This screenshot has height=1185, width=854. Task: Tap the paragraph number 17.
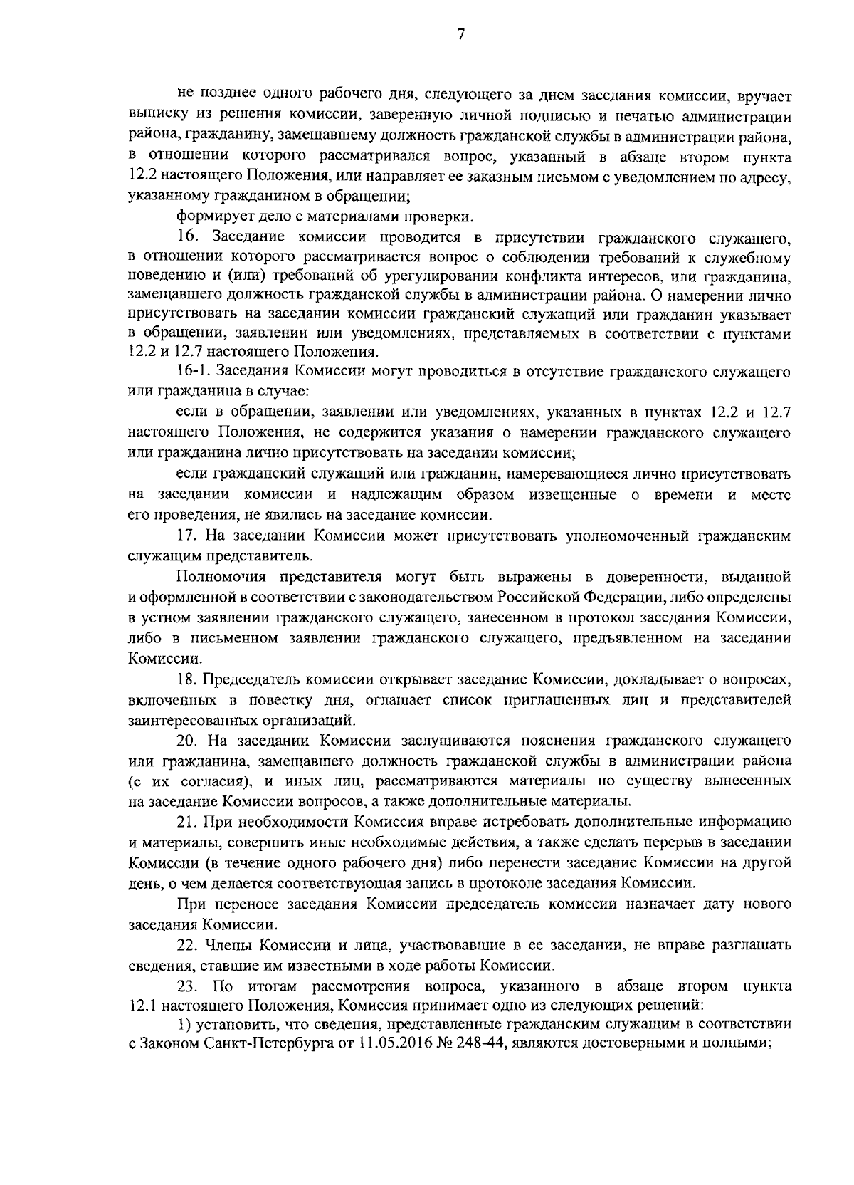click(186, 536)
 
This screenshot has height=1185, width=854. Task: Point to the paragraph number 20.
click(187, 741)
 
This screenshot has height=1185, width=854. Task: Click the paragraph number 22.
click(188, 946)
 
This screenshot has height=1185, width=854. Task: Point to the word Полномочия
click(218, 576)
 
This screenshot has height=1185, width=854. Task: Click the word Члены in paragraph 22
click(228, 946)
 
